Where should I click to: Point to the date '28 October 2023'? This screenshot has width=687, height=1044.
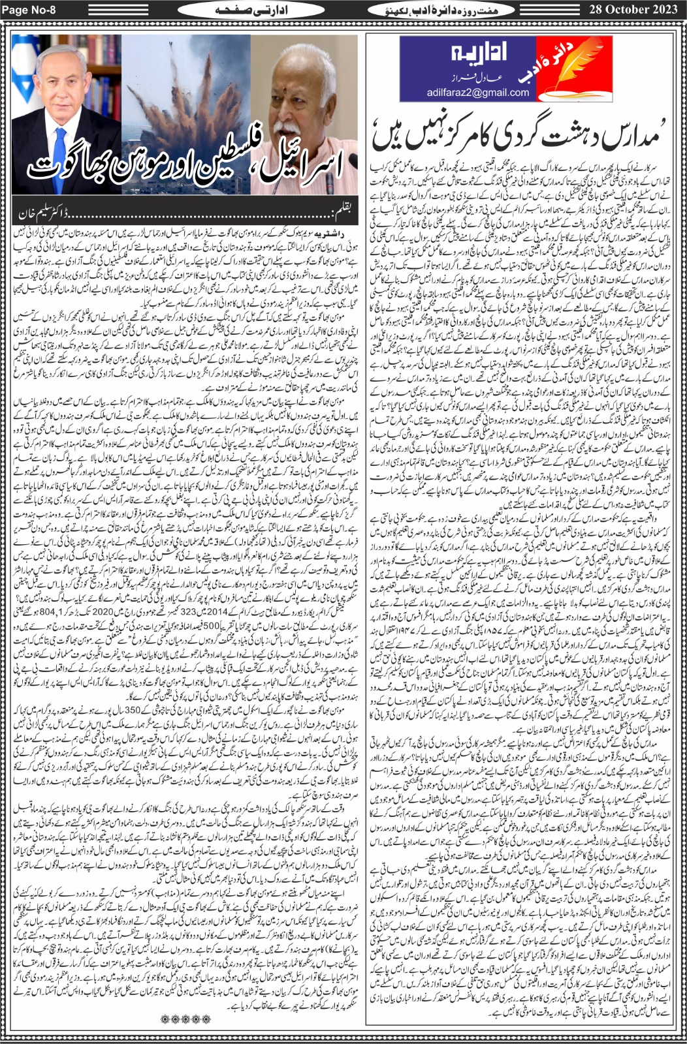tap(634, 10)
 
